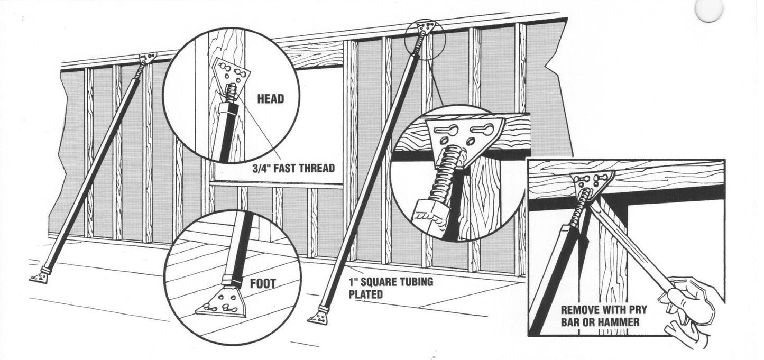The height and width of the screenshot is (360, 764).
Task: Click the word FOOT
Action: pos(263,284)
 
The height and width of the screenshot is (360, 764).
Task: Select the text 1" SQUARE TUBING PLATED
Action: pos(390,288)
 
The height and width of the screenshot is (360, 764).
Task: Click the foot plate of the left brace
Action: pos(39,278)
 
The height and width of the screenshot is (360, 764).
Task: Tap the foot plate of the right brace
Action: pos(318,317)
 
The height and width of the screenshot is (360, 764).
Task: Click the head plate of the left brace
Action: pos(147,58)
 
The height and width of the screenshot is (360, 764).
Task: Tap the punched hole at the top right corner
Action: pos(708,11)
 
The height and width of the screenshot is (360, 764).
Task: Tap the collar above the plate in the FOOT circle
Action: pos(232,278)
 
